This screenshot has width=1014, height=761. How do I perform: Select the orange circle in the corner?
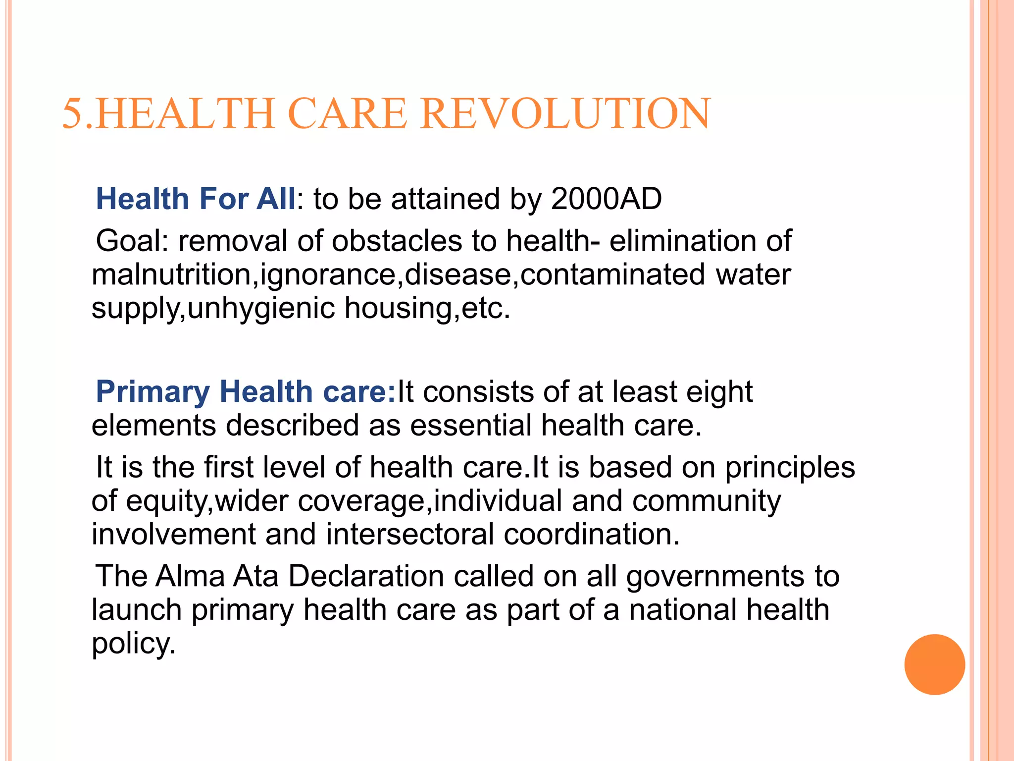pos(934,664)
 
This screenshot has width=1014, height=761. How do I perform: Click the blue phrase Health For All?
pos(196,199)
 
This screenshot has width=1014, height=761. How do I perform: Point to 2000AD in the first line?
pos(606,199)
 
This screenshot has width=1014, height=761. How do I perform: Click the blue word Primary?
pos(153,392)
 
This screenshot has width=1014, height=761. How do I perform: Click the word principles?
pos(790,468)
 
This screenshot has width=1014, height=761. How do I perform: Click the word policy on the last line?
pos(133,644)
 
